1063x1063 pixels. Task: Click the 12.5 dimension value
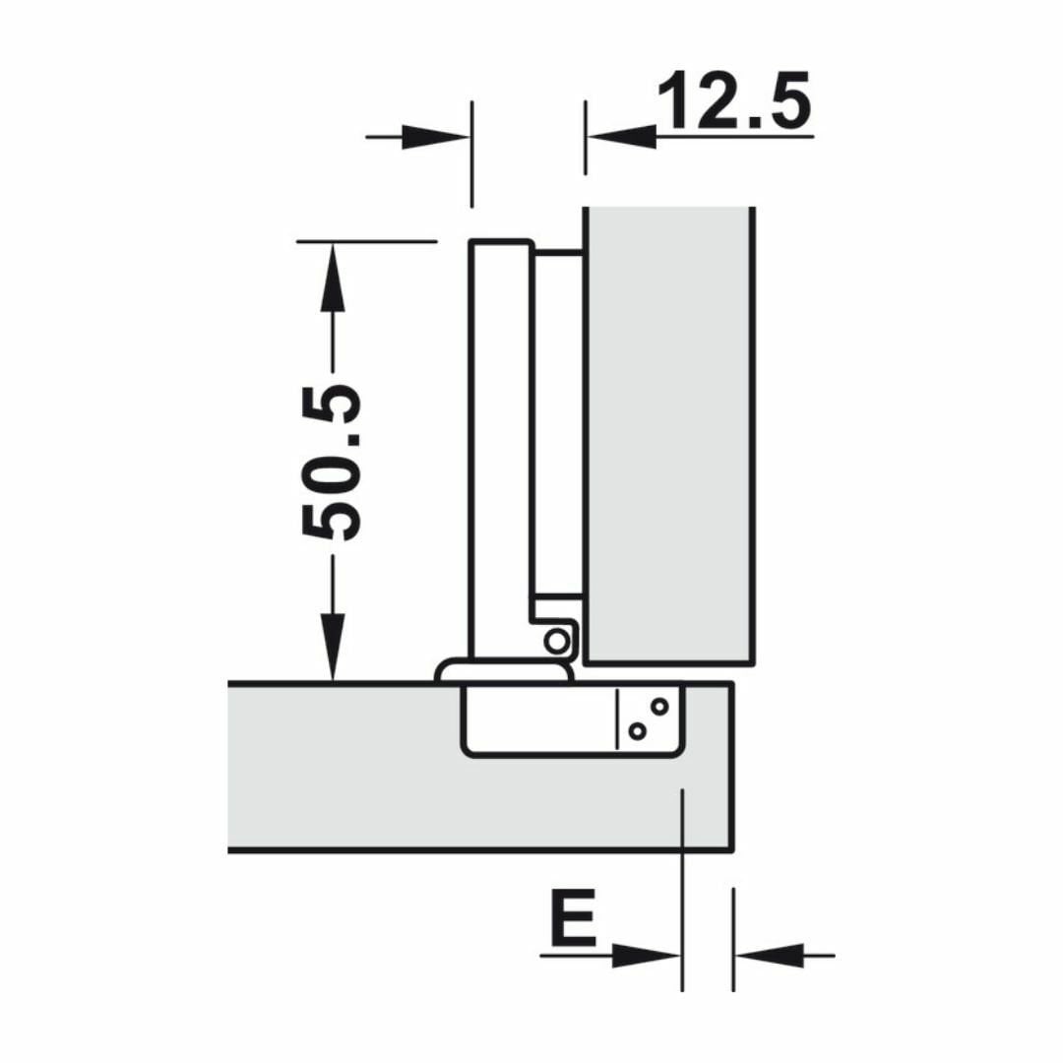pyautogui.click(x=734, y=100)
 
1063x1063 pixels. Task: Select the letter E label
pyautogui.click(x=574, y=918)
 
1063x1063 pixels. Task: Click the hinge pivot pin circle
pyautogui.click(x=557, y=641)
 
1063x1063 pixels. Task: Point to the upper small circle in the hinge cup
pyautogui.click(x=658, y=707)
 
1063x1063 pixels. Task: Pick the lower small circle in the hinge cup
pyautogui.click(x=637, y=731)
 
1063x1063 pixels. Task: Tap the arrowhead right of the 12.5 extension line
pyautogui.click(x=622, y=137)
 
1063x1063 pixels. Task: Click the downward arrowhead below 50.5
pyautogui.click(x=333, y=648)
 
